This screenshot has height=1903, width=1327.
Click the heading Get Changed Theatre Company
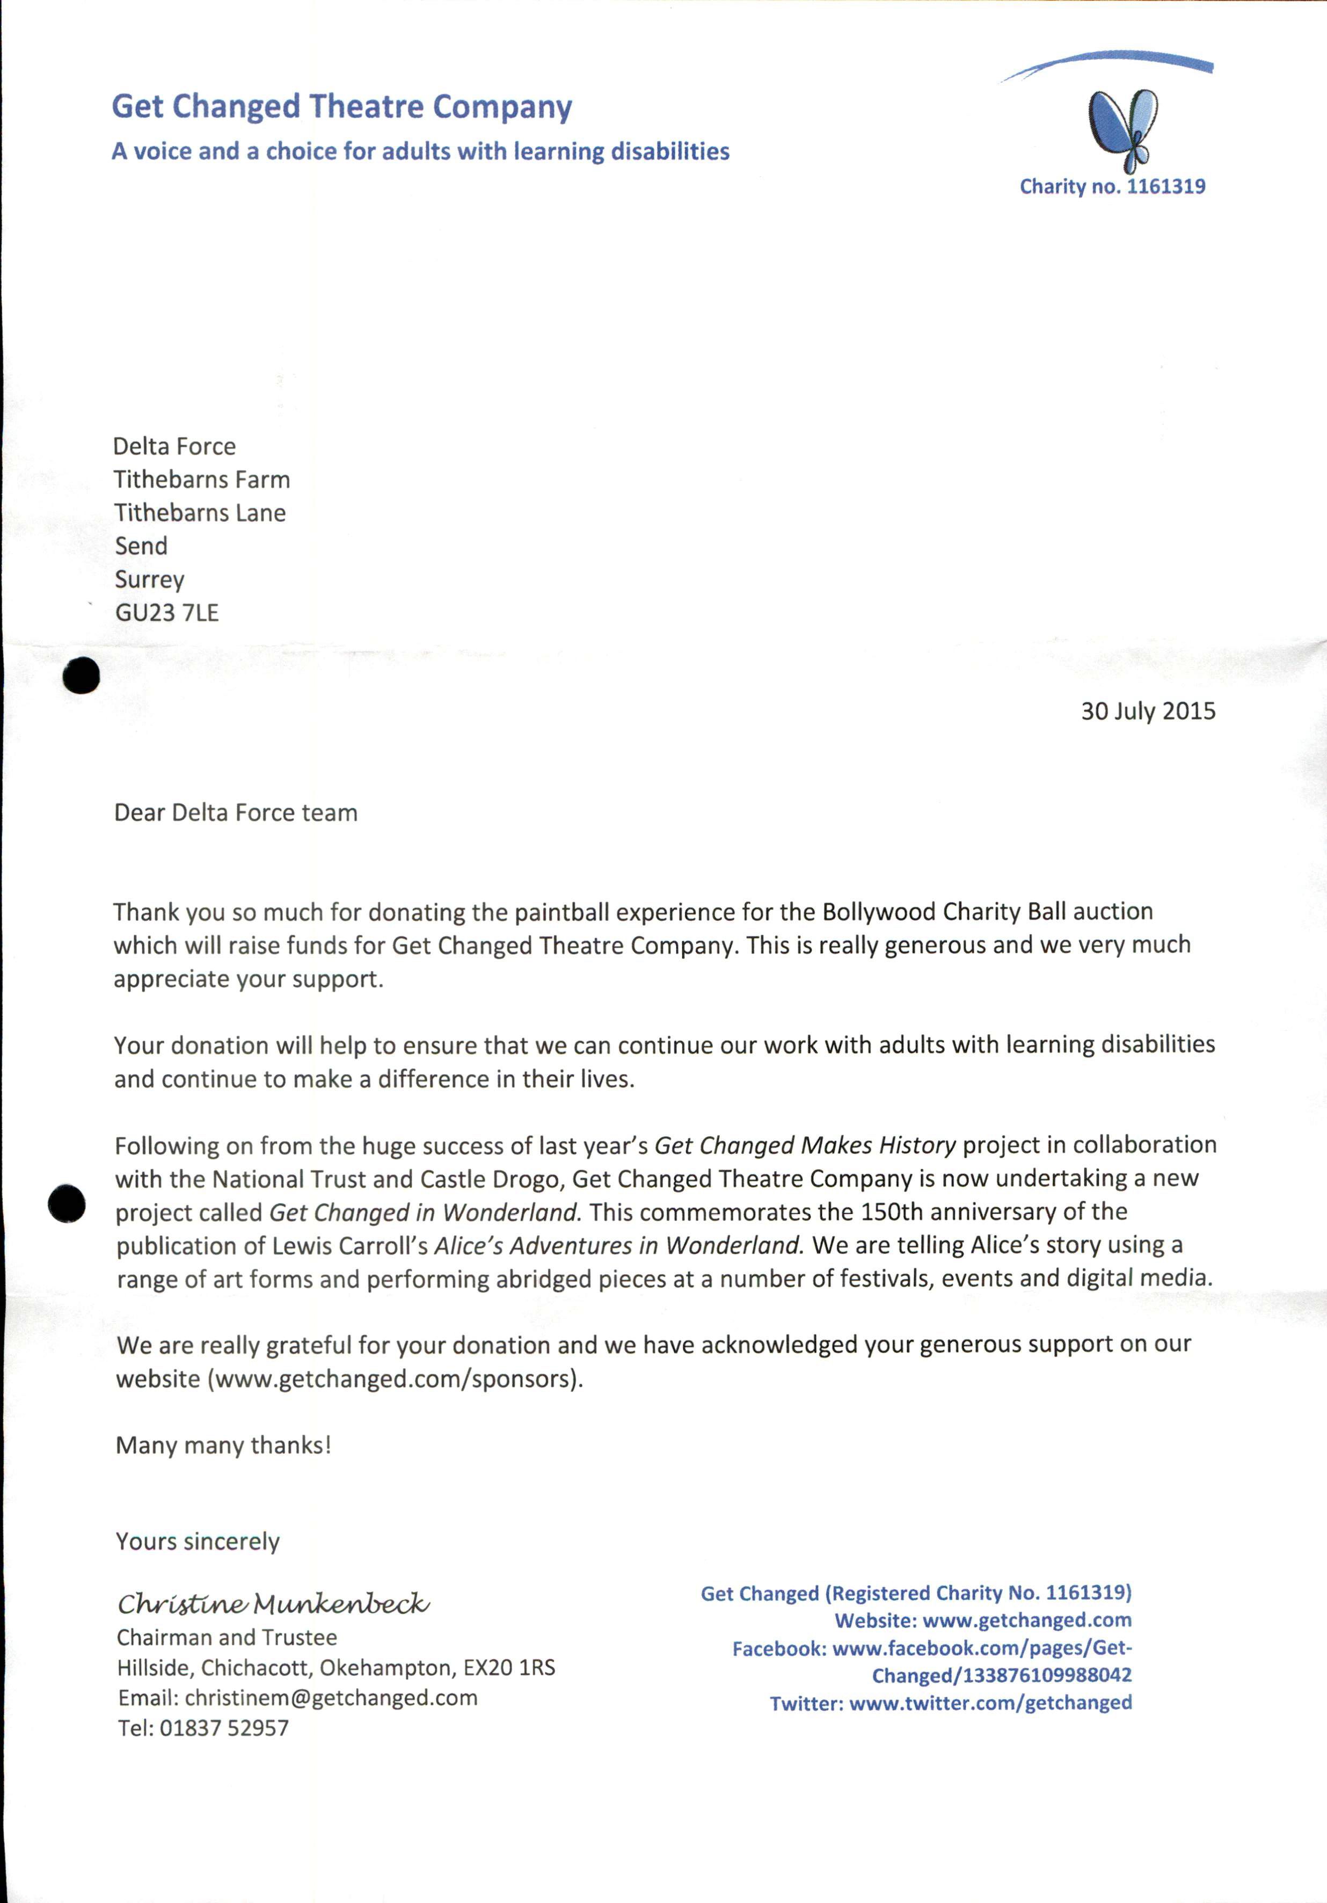[x=341, y=107]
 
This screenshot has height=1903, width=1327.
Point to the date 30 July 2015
[x=1147, y=711]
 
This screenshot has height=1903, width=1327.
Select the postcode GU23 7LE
[x=166, y=613]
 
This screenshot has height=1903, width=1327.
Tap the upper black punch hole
[x=81, y=676]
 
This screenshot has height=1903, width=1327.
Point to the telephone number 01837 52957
[x=224, y=1728]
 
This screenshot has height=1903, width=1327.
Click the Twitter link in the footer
[x=990, y=1703]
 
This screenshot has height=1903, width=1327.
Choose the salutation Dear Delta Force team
[x=236, y=812]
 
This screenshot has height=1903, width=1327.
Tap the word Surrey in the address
[x=149, y=579]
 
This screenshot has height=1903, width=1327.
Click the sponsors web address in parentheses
[x=396, y=1378]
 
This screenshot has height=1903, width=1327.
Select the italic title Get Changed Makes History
[x=805, y=1145]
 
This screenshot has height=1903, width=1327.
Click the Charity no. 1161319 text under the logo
[x=1112, y=186]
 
